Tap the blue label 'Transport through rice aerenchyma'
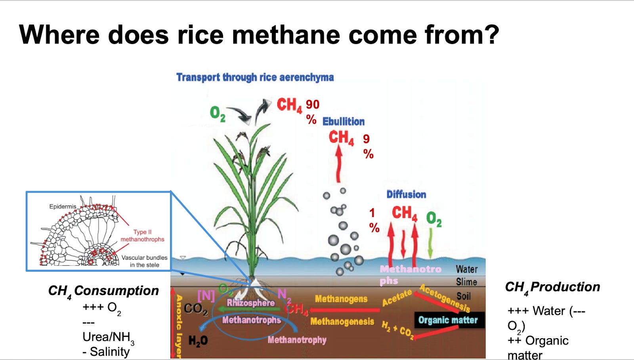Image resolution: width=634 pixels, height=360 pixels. (x=255, y=77)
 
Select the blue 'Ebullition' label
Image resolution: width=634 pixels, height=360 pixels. (x=343, y=122)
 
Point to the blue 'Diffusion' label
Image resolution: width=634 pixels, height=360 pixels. (x=406, y=194)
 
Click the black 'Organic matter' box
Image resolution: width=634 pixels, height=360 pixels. (x=448, y=320)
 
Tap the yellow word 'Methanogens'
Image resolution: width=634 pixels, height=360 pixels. (x=341, y=299)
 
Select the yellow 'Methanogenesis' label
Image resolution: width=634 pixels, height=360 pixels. (x=342, y=322)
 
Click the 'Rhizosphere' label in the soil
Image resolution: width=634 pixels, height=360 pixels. (x=250, y=303)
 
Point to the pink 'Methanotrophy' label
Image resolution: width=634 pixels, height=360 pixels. (x=297, y=340)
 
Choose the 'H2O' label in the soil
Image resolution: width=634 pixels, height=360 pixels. (x=198, y=341)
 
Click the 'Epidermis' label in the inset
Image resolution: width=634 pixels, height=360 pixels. (x=63, y=206)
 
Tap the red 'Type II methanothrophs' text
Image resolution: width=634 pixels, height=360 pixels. (x=142, y=236)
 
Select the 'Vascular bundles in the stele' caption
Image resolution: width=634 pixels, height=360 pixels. (x=144, y=261)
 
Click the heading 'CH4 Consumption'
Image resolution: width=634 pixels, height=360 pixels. (x=103, y=291)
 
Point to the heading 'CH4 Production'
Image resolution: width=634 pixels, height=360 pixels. (x=552, y=288)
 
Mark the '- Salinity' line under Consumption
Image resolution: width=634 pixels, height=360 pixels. (x=106, y=352)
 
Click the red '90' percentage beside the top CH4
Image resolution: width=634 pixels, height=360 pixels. (x=312, y=105)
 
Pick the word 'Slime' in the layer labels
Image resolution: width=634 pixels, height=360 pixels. (x=466, y=282)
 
